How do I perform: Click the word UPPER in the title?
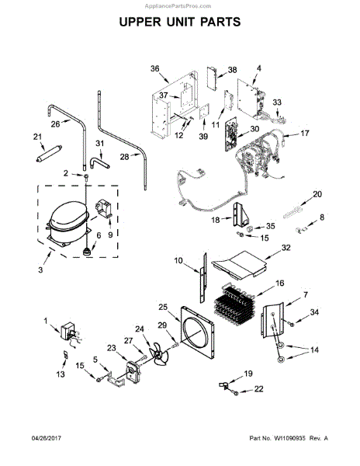click(140, 22)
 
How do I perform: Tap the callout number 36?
click(154, 68)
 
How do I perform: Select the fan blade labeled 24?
click(159, 353)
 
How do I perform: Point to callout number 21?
click(37, 137)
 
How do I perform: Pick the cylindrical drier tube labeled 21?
click(49, 153)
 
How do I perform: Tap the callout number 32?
click(286, 248)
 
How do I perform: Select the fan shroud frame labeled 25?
click(197, 332)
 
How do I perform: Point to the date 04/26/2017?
click(47, 438)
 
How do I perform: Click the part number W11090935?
click(289, 438)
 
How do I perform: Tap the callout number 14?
click(314, 349)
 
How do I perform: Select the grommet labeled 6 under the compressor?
click(87, 252)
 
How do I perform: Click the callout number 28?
click(124, 157)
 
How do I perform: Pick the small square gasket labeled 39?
click(204, 112)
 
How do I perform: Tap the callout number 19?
click(248, 374)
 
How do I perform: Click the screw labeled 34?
click(292, 324)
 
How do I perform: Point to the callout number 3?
click(40, 270)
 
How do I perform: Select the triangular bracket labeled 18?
click(241, 214)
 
